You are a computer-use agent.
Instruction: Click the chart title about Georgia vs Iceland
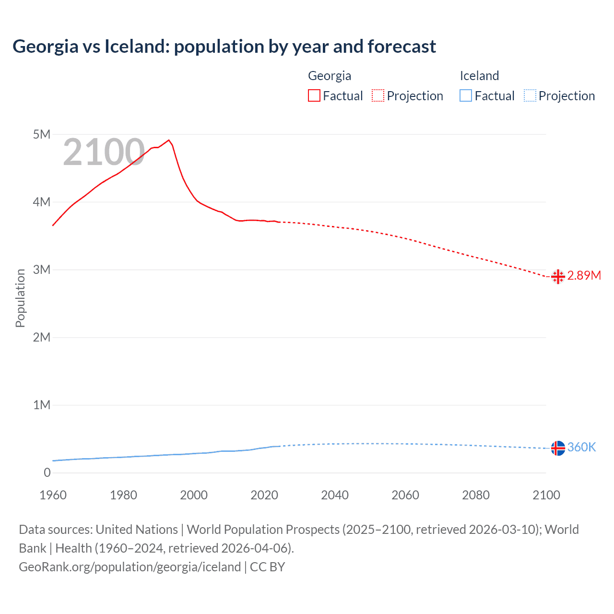(224, 47)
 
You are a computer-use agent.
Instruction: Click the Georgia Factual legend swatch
(314, 95)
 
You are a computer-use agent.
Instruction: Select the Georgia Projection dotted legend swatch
(378, 95)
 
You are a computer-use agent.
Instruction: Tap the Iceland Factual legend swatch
(466, 95)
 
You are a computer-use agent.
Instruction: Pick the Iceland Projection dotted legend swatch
(530, 95)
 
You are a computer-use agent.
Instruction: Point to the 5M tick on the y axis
(42, 134)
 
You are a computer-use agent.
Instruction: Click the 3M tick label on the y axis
(42, 270)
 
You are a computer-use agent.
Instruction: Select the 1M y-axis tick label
(42, 405)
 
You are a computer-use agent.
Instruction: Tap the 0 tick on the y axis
(47, 472)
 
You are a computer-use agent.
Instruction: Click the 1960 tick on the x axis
(53, 495)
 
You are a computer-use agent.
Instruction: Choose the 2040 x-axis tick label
(335, 495)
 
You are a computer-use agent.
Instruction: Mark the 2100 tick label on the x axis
(546, 495)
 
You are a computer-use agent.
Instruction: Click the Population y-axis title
(20, 298)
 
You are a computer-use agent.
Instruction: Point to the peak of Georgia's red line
(168, 140)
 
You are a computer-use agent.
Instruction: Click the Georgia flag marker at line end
(558, 276)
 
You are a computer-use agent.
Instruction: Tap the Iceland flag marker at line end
(558, 448)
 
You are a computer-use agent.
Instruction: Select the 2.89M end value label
(584, 275)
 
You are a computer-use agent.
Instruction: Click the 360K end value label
(581, 447)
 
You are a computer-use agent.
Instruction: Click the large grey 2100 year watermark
(104, 152)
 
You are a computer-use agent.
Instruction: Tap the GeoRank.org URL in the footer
(130, 567)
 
